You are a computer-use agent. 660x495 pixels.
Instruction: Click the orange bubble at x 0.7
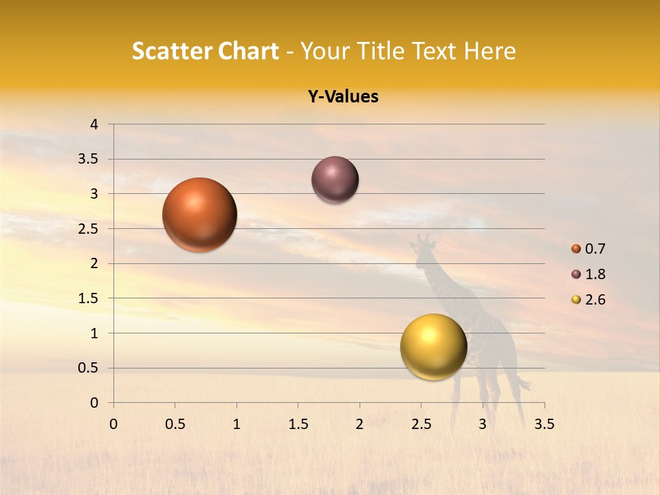tap(199, 214)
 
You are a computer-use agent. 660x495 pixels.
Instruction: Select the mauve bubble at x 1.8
tap(335, 179)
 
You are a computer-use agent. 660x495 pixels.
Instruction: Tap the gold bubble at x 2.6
tap(433, 346)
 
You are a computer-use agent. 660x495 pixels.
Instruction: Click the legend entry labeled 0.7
tap(588, 249)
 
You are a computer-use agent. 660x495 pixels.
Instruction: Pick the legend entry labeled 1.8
tap(588, 274)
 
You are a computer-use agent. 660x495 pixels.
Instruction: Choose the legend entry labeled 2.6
tap(588, 300)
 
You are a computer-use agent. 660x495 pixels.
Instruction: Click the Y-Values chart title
tap(343, 97)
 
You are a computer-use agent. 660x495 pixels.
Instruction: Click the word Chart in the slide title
tap(247, 51)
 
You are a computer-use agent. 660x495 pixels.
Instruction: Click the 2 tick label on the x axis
tap(360, 424)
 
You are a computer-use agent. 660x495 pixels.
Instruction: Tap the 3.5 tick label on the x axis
tap(544, 424)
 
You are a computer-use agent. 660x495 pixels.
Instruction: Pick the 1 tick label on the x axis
tap(236, 424)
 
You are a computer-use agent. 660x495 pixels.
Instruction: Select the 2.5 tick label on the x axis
tap(421, 424)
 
